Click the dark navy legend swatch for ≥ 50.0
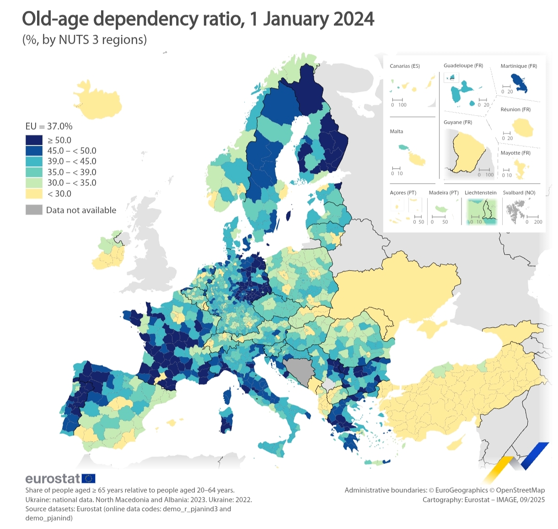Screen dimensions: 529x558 (34, 140)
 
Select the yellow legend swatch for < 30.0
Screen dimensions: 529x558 (34, 193)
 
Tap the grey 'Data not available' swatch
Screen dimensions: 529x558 (34, 210)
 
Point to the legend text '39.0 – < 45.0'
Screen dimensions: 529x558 (72, 161)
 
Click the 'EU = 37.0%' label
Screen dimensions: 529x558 (49, 126)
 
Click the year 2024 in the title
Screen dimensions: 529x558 (354, 19)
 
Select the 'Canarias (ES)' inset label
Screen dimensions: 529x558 (404, 66)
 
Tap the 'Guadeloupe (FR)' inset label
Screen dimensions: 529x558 (463, 66)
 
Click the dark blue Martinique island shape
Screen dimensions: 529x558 (520, 83)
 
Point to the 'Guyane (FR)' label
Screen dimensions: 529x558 (457, 123)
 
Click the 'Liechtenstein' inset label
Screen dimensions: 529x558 (480, 193)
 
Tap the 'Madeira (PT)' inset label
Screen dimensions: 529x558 (443, 193)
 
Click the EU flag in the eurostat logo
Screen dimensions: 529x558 (88, 479)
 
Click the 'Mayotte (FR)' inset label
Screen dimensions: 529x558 (515, 153)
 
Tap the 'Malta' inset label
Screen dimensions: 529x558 (397, 132)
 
